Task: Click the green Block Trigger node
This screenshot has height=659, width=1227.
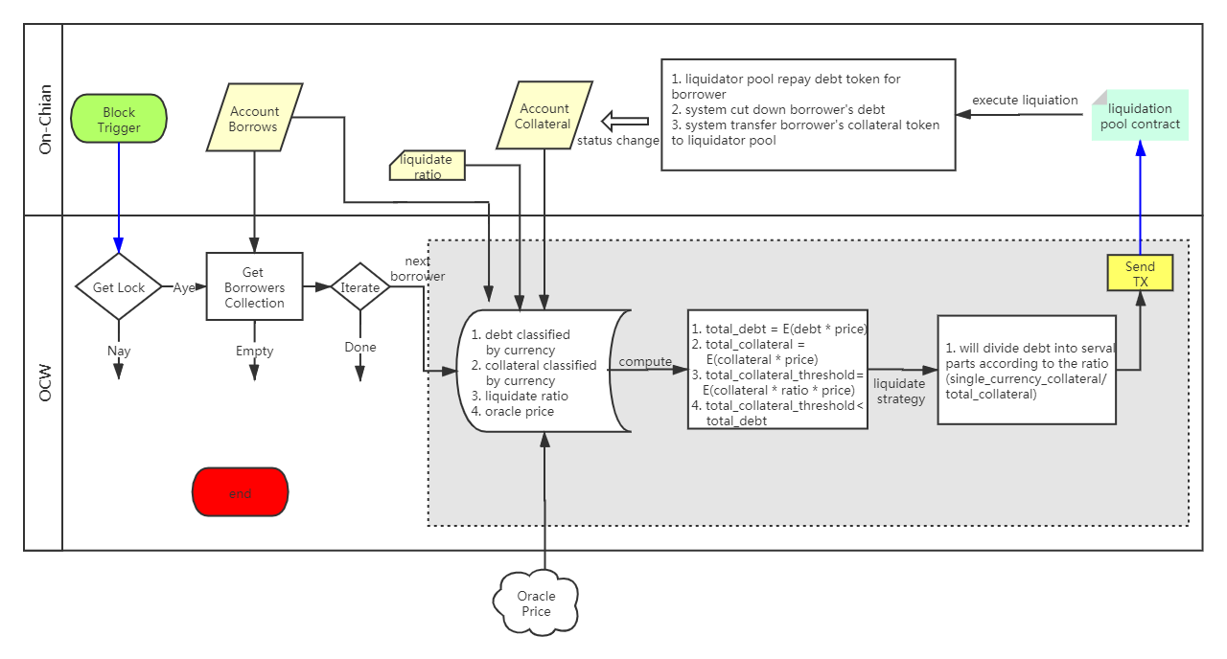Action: (119, 119)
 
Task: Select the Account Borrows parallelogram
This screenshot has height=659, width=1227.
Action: (254, 117)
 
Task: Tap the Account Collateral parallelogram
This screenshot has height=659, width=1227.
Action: (544, 116)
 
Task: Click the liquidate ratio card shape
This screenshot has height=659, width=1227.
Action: (428, 166)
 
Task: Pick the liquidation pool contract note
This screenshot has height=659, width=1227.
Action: (1140, 116)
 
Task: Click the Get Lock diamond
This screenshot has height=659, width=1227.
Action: (119, 286)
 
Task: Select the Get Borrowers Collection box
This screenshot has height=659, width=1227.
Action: (254, 286)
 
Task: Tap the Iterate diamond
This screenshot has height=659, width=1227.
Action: (359, 286)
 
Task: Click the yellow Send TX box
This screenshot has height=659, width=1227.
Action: (1140, 273)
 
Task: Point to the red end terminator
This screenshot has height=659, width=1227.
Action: (240, 492)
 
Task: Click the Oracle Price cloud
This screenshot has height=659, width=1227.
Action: (536, 603)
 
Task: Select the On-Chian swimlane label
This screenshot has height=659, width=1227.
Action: (45, 120)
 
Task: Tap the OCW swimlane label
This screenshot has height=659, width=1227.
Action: (45, 383)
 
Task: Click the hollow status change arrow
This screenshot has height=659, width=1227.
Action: (625, 121)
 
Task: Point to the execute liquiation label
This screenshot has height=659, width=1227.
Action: (1025, 101)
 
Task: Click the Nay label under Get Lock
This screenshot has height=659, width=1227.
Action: (119, 351)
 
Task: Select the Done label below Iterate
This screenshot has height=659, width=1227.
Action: (359, 347)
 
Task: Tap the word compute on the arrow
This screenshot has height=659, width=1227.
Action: (645, 362)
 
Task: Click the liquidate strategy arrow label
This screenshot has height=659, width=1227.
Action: (900, 392)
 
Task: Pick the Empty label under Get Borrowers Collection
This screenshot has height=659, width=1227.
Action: (254, 351)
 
